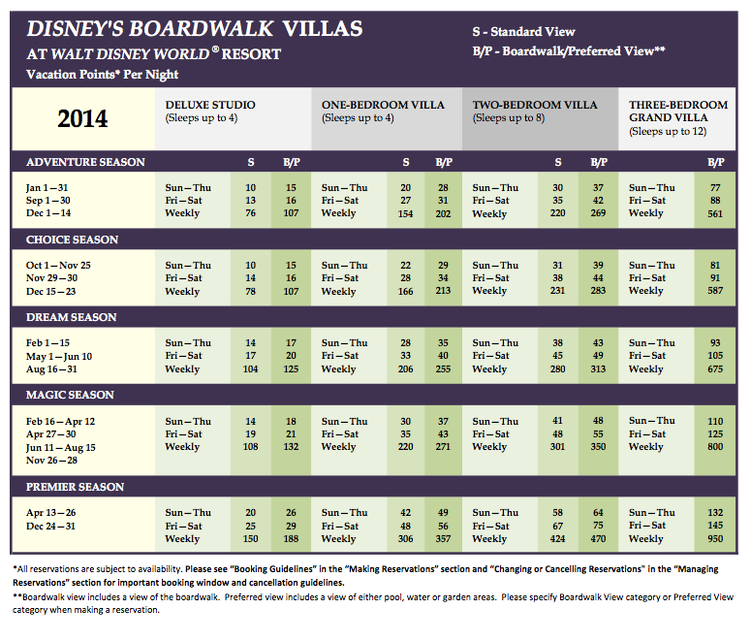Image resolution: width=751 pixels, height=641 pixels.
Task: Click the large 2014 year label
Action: pyautogui.click(x=83, y=118)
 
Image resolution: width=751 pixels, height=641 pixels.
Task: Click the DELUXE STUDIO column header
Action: pyautogui.click(x=210, y=105)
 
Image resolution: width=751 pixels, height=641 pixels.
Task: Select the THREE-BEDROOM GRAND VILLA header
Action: pyautogui.click(x=678, y=112)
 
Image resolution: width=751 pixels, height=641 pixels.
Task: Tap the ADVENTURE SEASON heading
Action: pyautogui.click(x=85, y=162)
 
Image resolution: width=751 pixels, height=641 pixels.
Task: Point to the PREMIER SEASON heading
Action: pyautogui.click(x=75, y=487)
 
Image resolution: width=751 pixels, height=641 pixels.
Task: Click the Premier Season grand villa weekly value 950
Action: pyautogui.click(x=715, y=538)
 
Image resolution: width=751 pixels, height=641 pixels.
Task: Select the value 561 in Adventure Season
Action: pyautogui.click(x=715, y=213)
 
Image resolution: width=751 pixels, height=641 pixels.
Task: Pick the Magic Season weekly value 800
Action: pyautogui.click(x=715, y=446)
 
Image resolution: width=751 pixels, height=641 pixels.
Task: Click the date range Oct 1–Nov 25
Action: pyautogui.click(x=58, y=265)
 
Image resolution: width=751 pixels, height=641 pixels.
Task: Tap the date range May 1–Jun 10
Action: pyautogui.click(x=59, y=356)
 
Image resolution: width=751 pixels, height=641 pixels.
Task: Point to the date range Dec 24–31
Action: pyautogui.click(x=50, y=526)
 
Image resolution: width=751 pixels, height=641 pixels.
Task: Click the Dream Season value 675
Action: pyautogui.click(x=715, y=369)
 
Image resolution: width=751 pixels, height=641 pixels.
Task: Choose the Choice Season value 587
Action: pyautogui.click(x=715, y=290)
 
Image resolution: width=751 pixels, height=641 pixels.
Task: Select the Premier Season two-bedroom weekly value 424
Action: pyautogui.click(x=557, y=538)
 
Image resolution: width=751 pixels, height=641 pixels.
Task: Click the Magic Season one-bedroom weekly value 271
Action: pyautogui.click(x=443, y=446)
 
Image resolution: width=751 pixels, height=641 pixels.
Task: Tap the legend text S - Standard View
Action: pyautogui.click(x=523, y=32)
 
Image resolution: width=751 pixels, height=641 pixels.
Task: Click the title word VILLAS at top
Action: pyautogui.click(x=323, y=29)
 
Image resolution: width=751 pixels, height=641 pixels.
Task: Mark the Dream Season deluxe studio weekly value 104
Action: pyautogui.click(x=250, y=369)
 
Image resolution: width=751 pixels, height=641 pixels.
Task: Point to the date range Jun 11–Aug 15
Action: pyautogui.click(x=61, y=447)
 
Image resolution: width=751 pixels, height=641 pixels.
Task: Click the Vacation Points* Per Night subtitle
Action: pyautogui.click(x=103, y=75)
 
